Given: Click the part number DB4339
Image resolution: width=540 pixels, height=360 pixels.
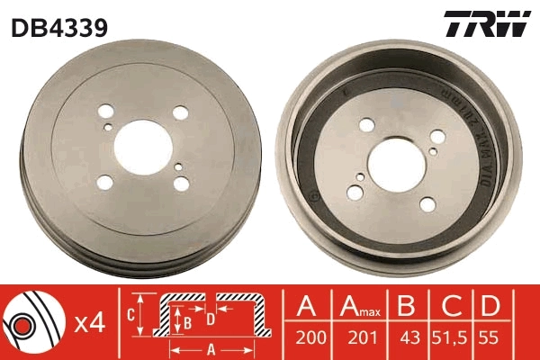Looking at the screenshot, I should [x=59, y=28].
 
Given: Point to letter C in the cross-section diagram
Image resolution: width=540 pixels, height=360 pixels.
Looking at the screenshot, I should [x=130, y=315].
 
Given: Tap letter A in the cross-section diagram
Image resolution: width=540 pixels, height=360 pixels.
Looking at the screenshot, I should [x=209, y=348].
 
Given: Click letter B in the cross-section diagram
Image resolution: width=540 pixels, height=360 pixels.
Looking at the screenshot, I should [x=187, y=320].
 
